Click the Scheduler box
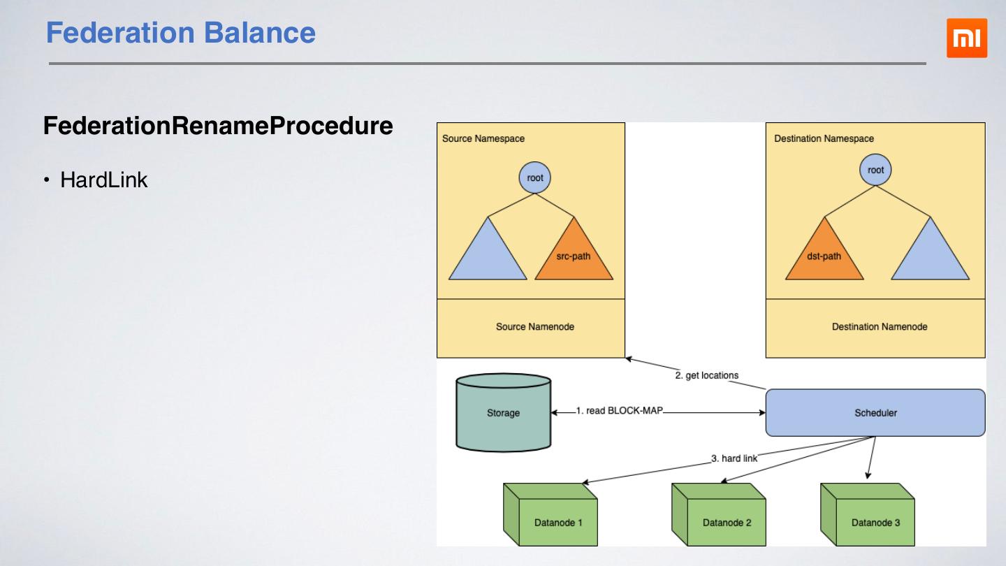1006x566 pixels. [x=875, y=413]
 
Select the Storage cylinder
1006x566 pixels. [x=503, y=413]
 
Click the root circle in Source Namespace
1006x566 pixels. [x=535, y=177]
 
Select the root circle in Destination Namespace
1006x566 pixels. [x=875, y=170]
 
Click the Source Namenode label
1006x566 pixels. [x=535, y=326]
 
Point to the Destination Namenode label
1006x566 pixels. [x=880, y=326]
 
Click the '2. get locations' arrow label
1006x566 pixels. [x=706, y=375]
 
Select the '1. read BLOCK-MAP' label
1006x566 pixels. [x=619, y=411]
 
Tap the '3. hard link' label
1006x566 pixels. [x=734, y=459]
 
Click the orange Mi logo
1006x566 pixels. [x=967, y=38]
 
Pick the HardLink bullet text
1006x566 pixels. [x=104, y=180]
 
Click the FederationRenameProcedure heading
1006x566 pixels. [x=218, y=126]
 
